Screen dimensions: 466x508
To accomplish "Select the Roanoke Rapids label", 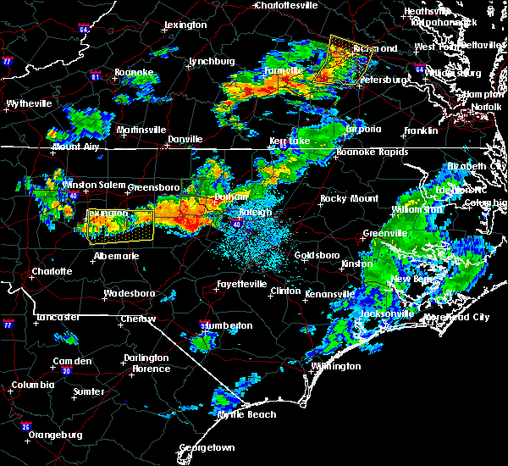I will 373,153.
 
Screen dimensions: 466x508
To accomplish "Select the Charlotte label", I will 51,272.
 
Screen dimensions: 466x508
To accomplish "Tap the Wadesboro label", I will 128,293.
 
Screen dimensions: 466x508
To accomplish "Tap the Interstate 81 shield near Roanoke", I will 95,77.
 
